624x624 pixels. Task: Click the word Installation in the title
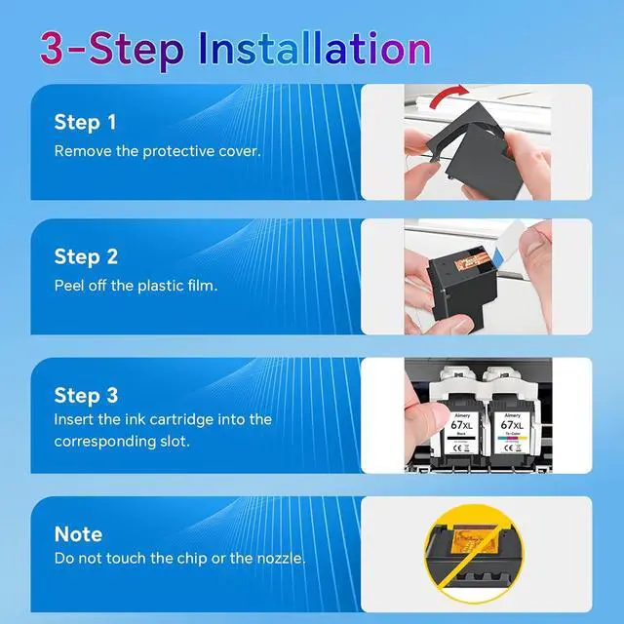314,49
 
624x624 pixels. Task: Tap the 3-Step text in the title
112,51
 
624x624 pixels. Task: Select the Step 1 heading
85,123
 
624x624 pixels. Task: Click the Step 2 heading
86,257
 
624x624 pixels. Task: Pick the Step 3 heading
86,396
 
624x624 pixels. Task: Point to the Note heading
78,534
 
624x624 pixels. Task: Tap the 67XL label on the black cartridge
461,425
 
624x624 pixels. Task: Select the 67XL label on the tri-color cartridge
512,425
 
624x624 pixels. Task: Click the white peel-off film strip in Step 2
509,242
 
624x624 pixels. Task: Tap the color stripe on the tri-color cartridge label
512,438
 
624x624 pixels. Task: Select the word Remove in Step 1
83,151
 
